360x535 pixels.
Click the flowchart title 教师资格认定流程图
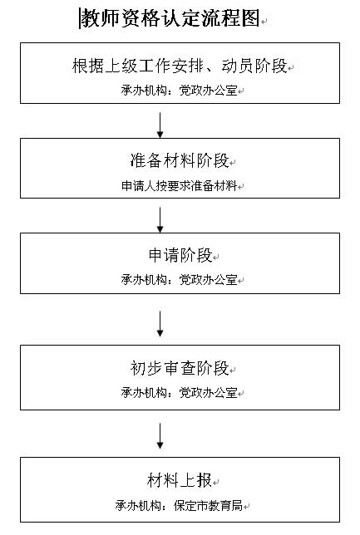coord(170,17)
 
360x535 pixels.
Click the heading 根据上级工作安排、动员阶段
coord(180,66)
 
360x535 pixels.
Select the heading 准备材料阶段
coord(180,160)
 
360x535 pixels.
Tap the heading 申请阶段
coord(180,255)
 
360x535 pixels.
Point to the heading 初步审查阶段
coord(180,368)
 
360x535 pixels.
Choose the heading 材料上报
coord(180,480)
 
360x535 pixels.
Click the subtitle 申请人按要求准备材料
coord(180,186)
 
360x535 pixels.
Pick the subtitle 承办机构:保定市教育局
coord(180,505)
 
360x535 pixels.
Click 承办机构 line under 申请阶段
coord(180,280)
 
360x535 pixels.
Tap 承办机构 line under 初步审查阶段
coord(180,393)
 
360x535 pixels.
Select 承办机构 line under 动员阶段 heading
coord(180,91)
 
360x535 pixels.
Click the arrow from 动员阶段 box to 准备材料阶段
coord(160,125)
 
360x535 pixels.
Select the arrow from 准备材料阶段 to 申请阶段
coord(160,219)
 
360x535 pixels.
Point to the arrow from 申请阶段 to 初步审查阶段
coord(160,324)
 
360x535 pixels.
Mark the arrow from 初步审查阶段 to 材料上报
coord(160,436)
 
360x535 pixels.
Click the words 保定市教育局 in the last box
coord(209,505)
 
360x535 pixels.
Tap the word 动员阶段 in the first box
coord(254,66)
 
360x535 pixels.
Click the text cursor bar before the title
coord(80,18)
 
